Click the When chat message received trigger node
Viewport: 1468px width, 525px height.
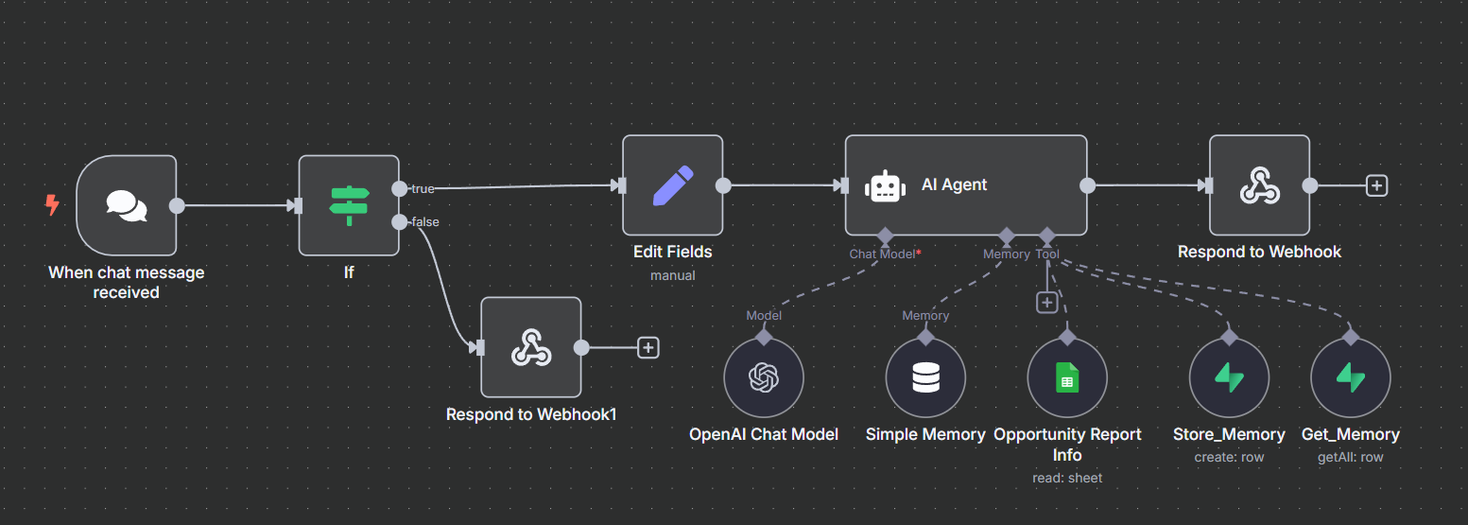coord(127,205)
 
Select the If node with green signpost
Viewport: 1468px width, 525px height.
coord(349,205)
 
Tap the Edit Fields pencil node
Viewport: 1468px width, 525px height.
coord(672,185)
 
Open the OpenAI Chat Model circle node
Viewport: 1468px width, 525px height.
coord(763,378)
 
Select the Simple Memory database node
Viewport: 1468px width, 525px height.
coord(925,378)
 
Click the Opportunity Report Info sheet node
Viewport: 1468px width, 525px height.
coord(1066,378)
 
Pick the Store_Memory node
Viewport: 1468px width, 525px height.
coord(1229,378)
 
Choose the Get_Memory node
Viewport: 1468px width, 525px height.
coord(1350,378)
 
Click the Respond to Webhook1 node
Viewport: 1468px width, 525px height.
coord(530,347)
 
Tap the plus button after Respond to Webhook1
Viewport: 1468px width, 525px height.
coord(648,347)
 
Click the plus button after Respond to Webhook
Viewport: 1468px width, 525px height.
coord(1376,185)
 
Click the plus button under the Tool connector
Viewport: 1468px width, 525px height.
coord(1046,302)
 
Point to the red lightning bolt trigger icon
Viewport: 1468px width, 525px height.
coord(52,204)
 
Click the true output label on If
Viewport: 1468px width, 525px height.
coord(423,189)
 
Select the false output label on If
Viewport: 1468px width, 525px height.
coord(425,222)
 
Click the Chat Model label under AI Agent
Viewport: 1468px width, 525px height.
coord(884,254)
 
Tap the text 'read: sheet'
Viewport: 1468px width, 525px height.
coord(1066,478)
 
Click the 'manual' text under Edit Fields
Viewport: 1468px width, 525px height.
coord(672,275)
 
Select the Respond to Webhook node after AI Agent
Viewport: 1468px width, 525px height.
coord(1259,185)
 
